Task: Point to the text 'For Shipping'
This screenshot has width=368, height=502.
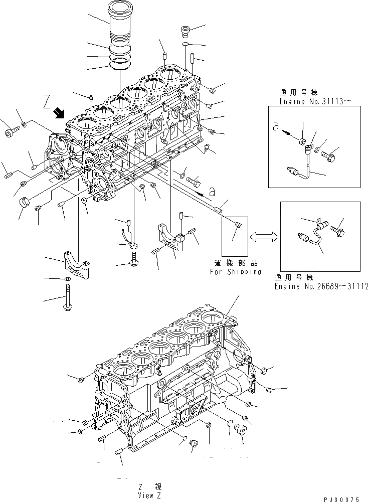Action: click(x=235, y=272)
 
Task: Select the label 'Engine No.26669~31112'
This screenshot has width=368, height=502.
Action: click(x=321, y=286)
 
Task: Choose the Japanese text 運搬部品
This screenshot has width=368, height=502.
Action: click(x=235, y=263)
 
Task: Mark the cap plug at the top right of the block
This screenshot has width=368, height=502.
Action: click(x=185, y=32)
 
